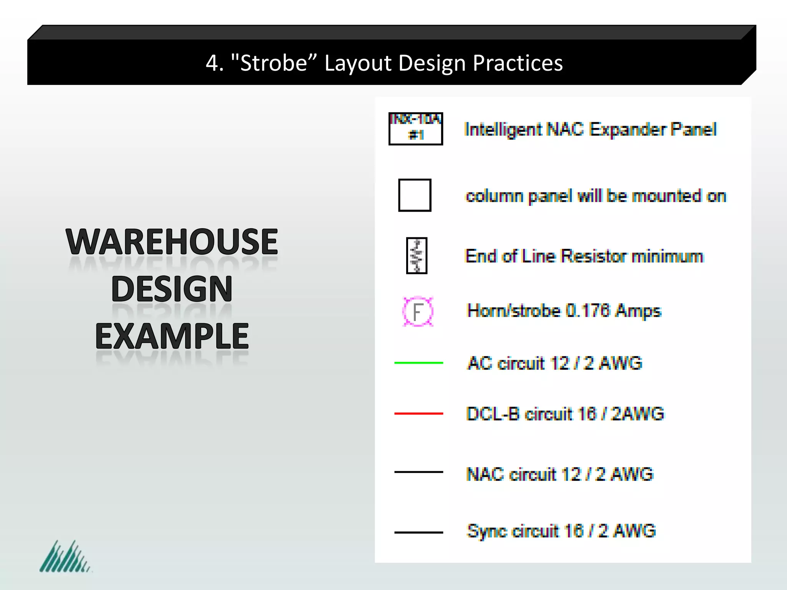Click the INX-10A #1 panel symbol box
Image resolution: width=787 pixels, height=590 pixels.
click(x=416, y=129)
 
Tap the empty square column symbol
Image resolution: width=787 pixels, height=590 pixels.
click(x=415, y=195)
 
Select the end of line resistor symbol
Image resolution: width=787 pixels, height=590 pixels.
click(x=417, y=255)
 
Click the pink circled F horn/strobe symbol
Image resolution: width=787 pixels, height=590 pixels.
click(x=418, y=312)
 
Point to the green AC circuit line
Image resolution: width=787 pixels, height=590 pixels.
click(x=418, y=363)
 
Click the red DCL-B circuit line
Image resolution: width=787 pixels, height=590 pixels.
click(x=418, y=414)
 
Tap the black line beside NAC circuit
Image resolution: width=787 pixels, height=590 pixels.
click(x=418, y=472)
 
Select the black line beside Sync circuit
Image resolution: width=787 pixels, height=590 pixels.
click(x=418, y=532)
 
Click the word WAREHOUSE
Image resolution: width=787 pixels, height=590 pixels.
click(x=172, y=242)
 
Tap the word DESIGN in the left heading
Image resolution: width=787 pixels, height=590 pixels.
click(x=172, y=289)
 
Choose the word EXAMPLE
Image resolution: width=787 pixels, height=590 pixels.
click(x=172, y=336)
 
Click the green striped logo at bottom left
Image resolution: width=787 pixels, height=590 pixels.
click(x=65, y=557)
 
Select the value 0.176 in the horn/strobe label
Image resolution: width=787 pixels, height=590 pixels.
click(x=588, y=311)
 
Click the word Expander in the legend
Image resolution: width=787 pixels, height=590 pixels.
click(x=627, y=129)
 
